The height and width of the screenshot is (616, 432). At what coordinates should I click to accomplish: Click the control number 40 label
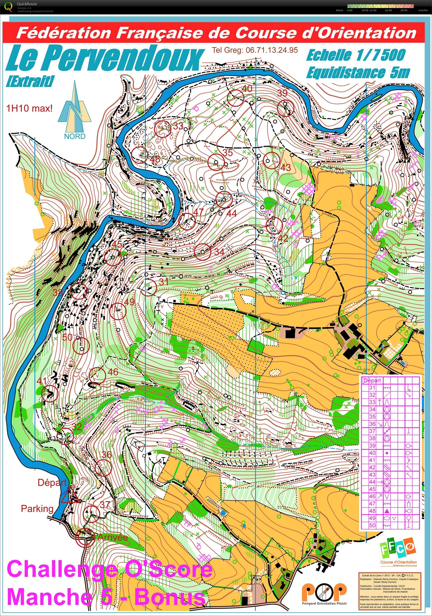point(247,89)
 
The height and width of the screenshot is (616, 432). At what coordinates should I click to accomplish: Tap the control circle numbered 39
point(286,108)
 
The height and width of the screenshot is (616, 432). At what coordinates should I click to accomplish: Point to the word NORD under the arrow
point(75,136)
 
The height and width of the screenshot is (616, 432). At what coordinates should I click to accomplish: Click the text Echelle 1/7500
point(356,55)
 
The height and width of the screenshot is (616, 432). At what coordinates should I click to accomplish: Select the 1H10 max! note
point(29,109)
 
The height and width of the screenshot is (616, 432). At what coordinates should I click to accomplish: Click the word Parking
point(37,508)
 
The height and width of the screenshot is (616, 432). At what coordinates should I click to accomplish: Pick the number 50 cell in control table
point(372,525)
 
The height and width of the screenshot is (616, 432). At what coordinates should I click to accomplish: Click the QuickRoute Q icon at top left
point(9,7)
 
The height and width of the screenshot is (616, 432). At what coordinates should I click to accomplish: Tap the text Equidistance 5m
point(358,73)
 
